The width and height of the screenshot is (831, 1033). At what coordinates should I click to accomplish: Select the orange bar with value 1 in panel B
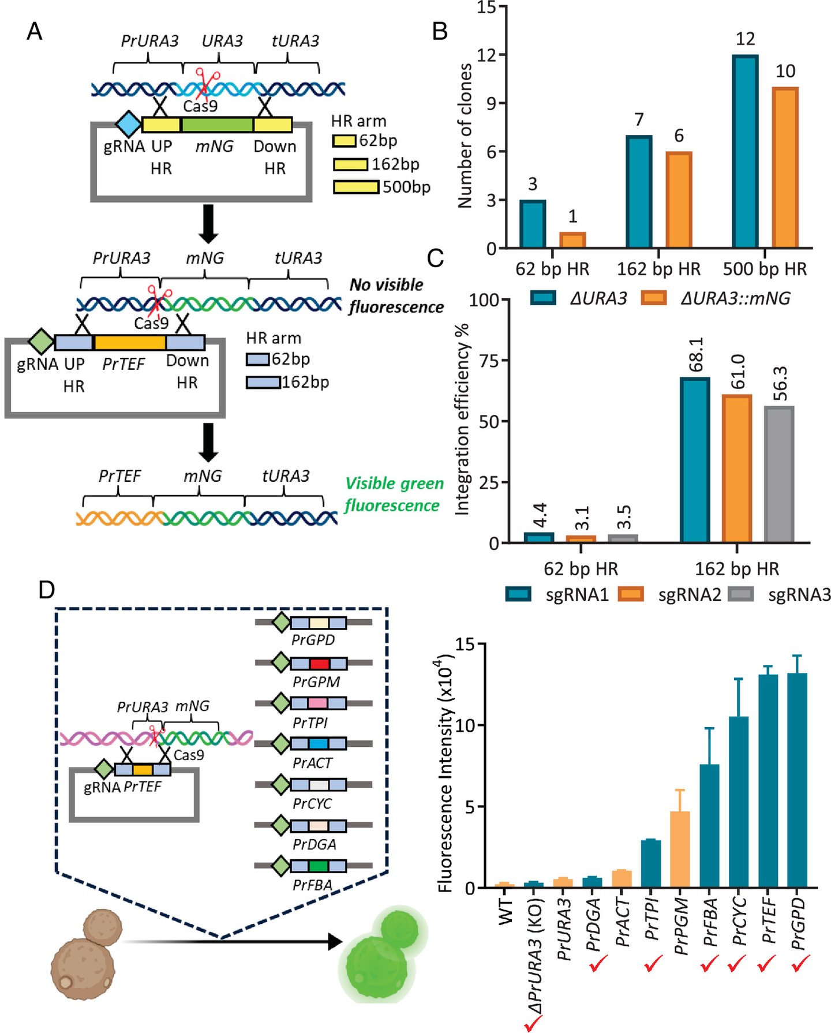(x=572, y=240)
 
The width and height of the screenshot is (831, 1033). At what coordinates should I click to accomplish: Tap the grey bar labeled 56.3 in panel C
(x=779, y=474)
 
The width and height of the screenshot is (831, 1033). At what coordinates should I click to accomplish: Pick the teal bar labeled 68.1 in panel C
(x=695, y=460)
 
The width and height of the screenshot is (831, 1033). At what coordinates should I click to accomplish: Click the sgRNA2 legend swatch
(x=630, y=594)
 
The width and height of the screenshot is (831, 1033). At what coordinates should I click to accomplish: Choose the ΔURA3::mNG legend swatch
(x=653, y=298)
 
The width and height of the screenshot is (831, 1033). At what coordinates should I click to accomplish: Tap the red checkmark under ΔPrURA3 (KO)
(x=533, y=1023)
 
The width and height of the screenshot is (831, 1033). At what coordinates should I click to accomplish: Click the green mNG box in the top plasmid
(x=217, y=125)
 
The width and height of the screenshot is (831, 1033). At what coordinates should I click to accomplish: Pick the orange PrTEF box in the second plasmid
(x=130, y=343)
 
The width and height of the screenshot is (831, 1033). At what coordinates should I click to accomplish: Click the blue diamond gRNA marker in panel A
(x=128, y=125)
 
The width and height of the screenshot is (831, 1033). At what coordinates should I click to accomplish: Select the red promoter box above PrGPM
(x=319, y=663)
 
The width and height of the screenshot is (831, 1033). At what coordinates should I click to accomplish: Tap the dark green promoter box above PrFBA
(x=319, y=866)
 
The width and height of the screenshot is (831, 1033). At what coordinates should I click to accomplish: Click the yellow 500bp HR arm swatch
(x=355, y=187)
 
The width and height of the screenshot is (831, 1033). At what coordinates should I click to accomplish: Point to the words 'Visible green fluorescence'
(x=394, y=495)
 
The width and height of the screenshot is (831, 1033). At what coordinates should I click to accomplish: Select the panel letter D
(x=46, y=590)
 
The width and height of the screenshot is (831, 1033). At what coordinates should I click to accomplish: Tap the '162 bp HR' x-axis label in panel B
(x=658, y=269)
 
